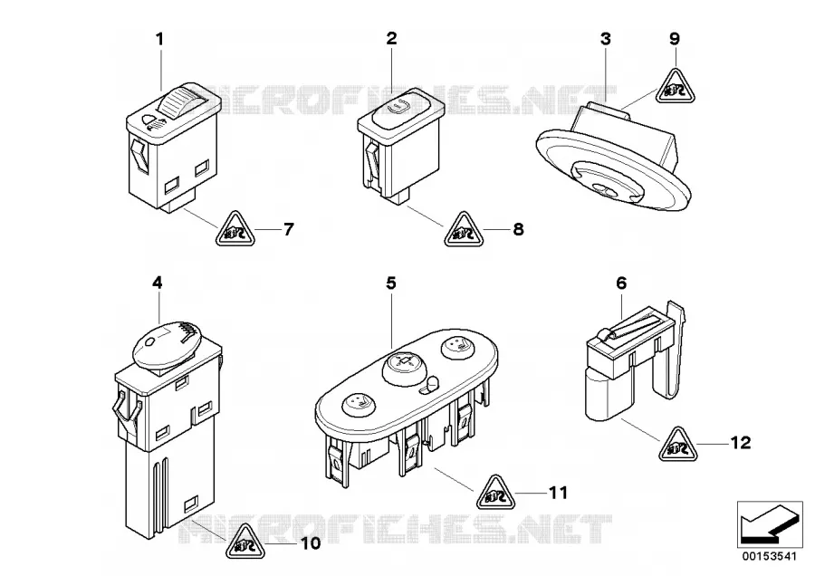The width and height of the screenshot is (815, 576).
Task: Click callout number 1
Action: tap(160, 40)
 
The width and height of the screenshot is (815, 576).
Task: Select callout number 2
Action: tap(391, 38)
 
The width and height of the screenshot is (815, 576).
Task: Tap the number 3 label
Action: tap(606, 39)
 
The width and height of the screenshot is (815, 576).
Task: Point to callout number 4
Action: tap(157, 283)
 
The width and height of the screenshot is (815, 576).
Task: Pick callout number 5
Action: tap(391, 283)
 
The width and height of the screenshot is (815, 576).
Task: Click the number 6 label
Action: tap(621, 283)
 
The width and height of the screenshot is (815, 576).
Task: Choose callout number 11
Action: tap(558, 493)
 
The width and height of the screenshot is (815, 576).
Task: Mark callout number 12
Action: tap(741, 443)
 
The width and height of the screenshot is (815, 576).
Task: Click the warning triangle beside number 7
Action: tap(235, 229)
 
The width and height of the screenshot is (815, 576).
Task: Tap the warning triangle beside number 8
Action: tap(464, 230)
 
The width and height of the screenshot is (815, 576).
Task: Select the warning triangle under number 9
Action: tap(676, 87)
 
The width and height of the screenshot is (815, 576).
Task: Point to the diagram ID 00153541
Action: tap(769, 556)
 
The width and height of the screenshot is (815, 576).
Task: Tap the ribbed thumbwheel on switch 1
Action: tap(179, 101)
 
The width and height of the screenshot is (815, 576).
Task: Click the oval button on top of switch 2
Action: tap(400, 108)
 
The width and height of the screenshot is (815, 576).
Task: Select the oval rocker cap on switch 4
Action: tap(166, 345)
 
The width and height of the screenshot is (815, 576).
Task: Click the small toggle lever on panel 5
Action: tap(429, 387)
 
